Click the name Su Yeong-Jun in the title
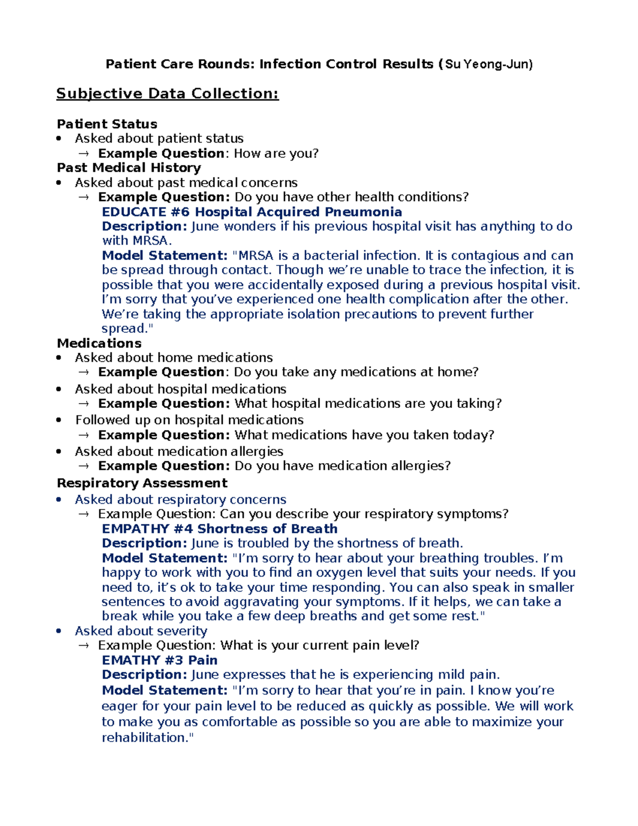[x=488, y=64]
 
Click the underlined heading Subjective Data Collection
[x=167, y=94]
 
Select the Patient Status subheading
[x=107, y=124]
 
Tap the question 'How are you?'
[x=276, y=153]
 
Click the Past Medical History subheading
[x=129, y=168]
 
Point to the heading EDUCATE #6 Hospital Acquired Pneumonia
[x=251, y=212]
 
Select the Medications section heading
[x=99, y=343]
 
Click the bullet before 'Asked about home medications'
[x=60, y=358]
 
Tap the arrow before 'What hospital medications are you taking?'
[x=84, y=404]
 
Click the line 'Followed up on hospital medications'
[x=189, y=420]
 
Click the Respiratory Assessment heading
[x=142, y=483]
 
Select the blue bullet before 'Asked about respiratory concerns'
[x=60, y=500]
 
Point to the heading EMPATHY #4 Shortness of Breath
[x=220, y=529]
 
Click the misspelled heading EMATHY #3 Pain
[x=159, y=660]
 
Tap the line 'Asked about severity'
[x=141, y=631]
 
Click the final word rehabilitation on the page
[x=145, y=738]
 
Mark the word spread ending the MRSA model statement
[x=122, y=329]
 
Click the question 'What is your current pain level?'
[x=320, y=645]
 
